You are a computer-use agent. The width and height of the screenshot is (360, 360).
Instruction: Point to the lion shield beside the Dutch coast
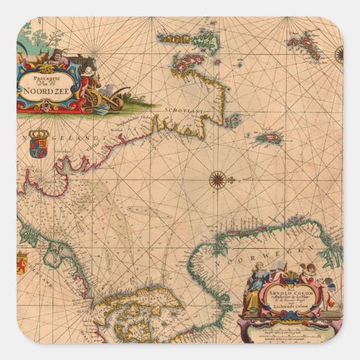pos(22,263)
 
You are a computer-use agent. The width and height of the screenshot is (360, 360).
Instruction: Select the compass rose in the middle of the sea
pos(217,180)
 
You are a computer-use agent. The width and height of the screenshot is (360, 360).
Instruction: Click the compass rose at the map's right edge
pos(339,54)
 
